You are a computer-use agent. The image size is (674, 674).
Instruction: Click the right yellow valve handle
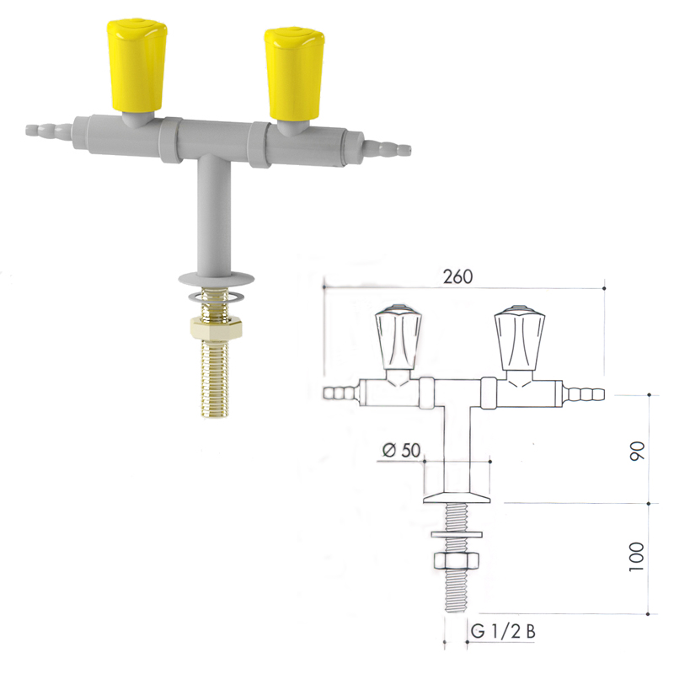click(295, 74)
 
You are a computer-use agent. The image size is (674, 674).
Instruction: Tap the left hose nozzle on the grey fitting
click(49, 131)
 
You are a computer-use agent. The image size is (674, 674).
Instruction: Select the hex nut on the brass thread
click(216, 329)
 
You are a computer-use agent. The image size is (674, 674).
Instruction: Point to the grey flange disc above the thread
click(217, 279)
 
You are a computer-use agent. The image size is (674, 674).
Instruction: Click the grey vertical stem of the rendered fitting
click(214, 215)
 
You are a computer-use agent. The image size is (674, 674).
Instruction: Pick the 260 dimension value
click(457, 276)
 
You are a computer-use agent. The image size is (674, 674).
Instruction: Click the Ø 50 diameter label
click(401, 450)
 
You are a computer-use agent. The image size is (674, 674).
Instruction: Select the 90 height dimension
click(638, 451)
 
